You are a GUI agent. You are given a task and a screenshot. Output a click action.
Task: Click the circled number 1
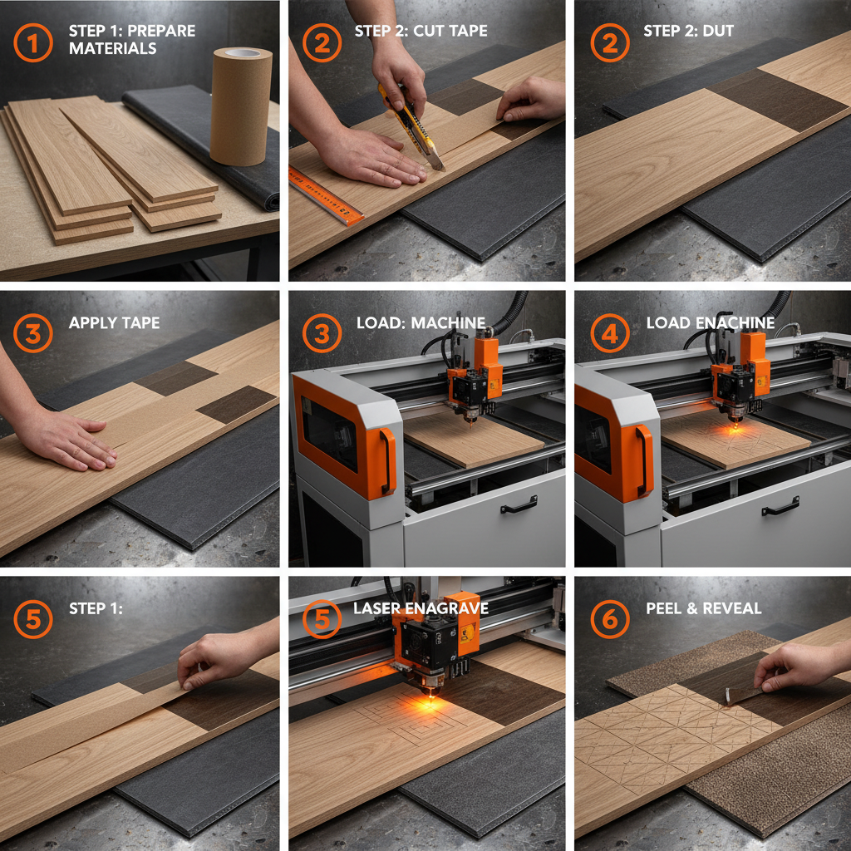coord(33,43)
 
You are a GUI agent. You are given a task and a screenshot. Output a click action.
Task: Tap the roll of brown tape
coord(241,106)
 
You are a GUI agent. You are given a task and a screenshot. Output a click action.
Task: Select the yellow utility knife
coord(411,127)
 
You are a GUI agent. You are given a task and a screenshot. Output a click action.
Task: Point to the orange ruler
coord(326,196)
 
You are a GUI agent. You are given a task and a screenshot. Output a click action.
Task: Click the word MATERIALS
coord(112,49)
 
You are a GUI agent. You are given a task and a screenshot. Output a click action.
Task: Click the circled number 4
coord(610,333)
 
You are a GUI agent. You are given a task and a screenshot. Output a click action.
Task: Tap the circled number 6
coord(610,618)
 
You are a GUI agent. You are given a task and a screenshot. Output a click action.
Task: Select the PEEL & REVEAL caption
coord(703,608)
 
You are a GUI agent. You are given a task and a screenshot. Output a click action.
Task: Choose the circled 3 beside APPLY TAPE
coord(33,333)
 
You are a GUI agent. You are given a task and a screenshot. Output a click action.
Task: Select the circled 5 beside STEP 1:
coord(33,618)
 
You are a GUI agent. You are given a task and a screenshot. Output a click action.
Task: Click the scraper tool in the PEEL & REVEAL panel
coord(744,695)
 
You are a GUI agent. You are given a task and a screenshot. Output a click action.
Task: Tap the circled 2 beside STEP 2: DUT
coord(610,43)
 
